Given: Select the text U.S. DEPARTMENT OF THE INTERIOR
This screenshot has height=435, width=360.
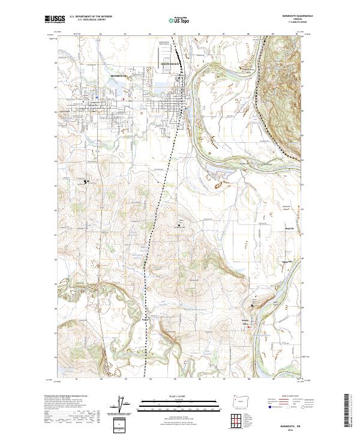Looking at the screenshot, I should [x=89, y=17].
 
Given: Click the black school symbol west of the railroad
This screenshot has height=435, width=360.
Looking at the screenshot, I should [x=86, y=180].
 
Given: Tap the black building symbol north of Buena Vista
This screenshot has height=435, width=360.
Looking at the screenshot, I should [x=253, y=305].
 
